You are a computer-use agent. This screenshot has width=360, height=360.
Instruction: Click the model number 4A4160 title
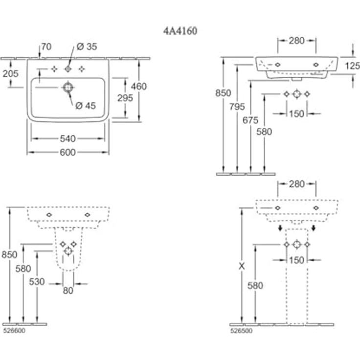[180, 31]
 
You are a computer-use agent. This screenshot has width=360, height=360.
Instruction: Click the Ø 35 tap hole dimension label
[87, 46]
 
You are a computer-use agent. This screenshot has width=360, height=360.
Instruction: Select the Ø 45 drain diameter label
[86, 106]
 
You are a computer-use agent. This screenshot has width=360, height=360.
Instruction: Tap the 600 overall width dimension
[67, 153]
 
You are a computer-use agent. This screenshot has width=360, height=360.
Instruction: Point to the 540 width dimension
[67, 139]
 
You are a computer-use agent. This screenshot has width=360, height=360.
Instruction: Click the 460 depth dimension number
[139, 87]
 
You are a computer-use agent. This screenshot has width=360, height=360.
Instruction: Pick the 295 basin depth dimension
[125, 98]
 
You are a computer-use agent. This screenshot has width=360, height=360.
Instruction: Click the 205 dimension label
[11, 74]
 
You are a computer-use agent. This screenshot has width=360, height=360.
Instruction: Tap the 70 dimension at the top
[46, 47]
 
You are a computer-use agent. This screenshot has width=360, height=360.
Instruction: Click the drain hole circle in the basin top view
[68, 88]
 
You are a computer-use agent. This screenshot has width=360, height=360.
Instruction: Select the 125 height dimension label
[353, 66]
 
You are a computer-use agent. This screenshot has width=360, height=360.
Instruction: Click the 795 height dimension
[237, 107]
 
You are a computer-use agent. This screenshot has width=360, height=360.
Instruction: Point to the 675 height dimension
[250, 120]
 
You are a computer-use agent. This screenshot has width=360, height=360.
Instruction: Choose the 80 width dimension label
[68, 291]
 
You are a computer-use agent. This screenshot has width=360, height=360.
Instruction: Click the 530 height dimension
[37, 282]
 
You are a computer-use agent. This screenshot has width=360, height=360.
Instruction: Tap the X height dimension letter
[242, 266]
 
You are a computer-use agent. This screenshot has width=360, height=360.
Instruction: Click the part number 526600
[14, 331]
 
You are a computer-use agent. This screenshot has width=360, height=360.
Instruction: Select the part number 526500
[241, 331]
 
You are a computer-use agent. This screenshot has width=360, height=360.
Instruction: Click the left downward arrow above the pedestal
[280, 228]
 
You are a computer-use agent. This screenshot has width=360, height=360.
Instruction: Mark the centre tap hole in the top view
[67, 69]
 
